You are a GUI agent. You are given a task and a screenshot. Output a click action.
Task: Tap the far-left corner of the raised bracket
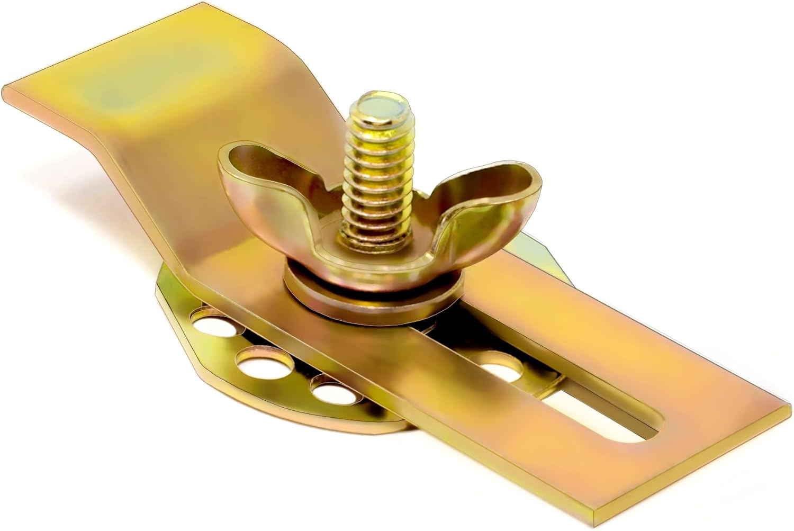click(x=6, y=87)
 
